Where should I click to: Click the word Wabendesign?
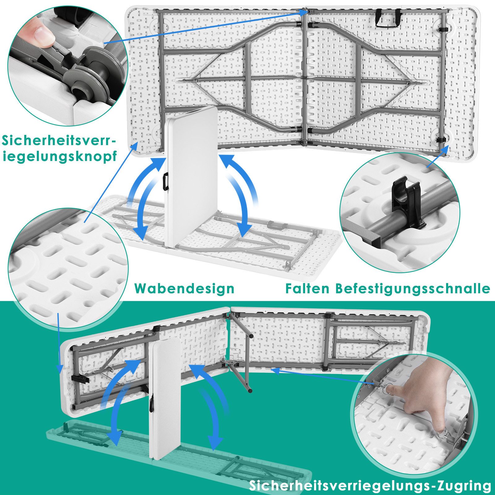(184, 288)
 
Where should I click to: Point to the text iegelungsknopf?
(60, 156)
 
